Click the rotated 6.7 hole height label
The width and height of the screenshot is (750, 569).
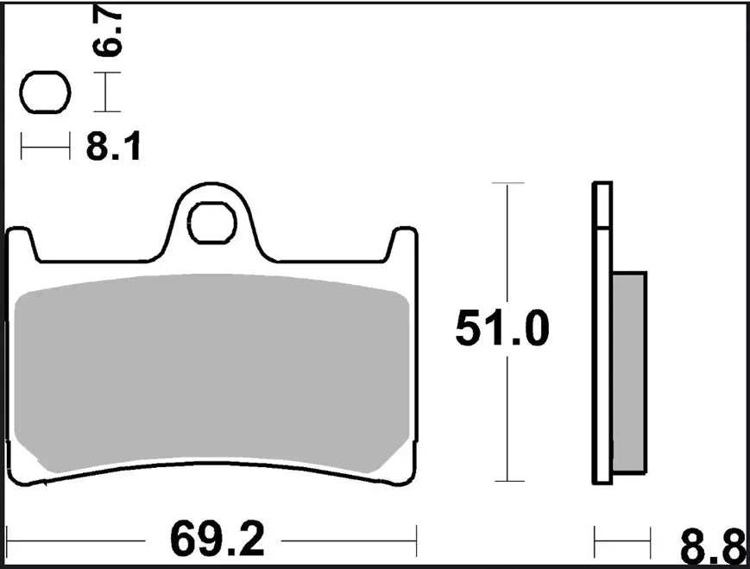pyautogui.click(x=111, y=33)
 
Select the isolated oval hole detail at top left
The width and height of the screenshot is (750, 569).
pyautogui.click(x=45, y=93)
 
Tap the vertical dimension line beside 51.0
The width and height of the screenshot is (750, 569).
pyautogui.click(x=507, y=259)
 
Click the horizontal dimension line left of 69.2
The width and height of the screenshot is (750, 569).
pyautogui.click(x=86, y=542)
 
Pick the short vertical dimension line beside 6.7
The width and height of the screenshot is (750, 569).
pyautogui.click(x=105, y=92)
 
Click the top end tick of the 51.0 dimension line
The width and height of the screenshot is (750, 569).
pyautogui.click(x=507, y=183)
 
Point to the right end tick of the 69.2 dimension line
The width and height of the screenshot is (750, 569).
pyautogui.click(x=417, y=541)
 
